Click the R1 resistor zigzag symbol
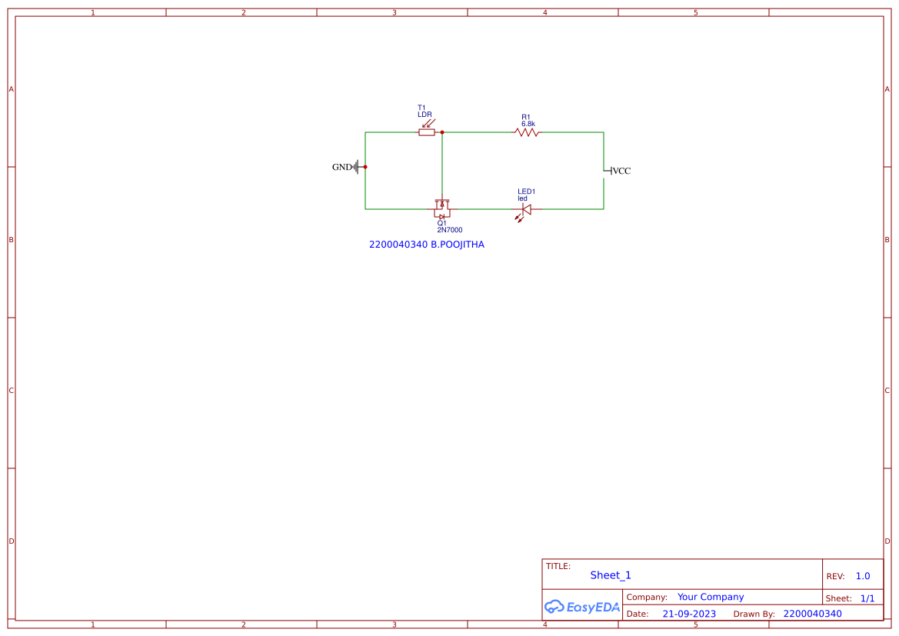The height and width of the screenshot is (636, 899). (x=527, y=132)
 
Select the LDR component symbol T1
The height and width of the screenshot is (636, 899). (x=427, y=132)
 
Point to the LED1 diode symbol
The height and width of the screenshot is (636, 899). (x=527, y=208)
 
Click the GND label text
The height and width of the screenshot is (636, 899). (x=341, y=167)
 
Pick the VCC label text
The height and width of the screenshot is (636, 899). (x=621, y=171)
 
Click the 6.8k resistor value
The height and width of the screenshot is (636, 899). (x=528, y=124)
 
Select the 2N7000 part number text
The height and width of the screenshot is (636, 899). (x=450, y=230)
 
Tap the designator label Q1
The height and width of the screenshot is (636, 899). (x=441, y=223)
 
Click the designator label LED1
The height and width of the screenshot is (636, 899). (x=526, y=191)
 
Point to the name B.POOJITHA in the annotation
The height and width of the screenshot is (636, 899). (x=458, y=245)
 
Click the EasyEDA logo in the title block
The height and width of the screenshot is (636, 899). (x=582, y=607)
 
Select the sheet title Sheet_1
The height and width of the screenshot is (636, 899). (x=611, y=575)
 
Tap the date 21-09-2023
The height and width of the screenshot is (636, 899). (x=689, y=614)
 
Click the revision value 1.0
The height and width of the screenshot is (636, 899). (x=863, y=576)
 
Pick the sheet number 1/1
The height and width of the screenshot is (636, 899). (x=867, y=598)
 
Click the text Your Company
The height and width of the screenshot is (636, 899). (x=711, y=597)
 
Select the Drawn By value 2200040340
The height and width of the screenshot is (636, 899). (x=812, y=614)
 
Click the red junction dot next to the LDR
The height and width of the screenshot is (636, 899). (x=442, y=132)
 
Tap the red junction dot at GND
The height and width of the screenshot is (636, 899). (x=365, y=167)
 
